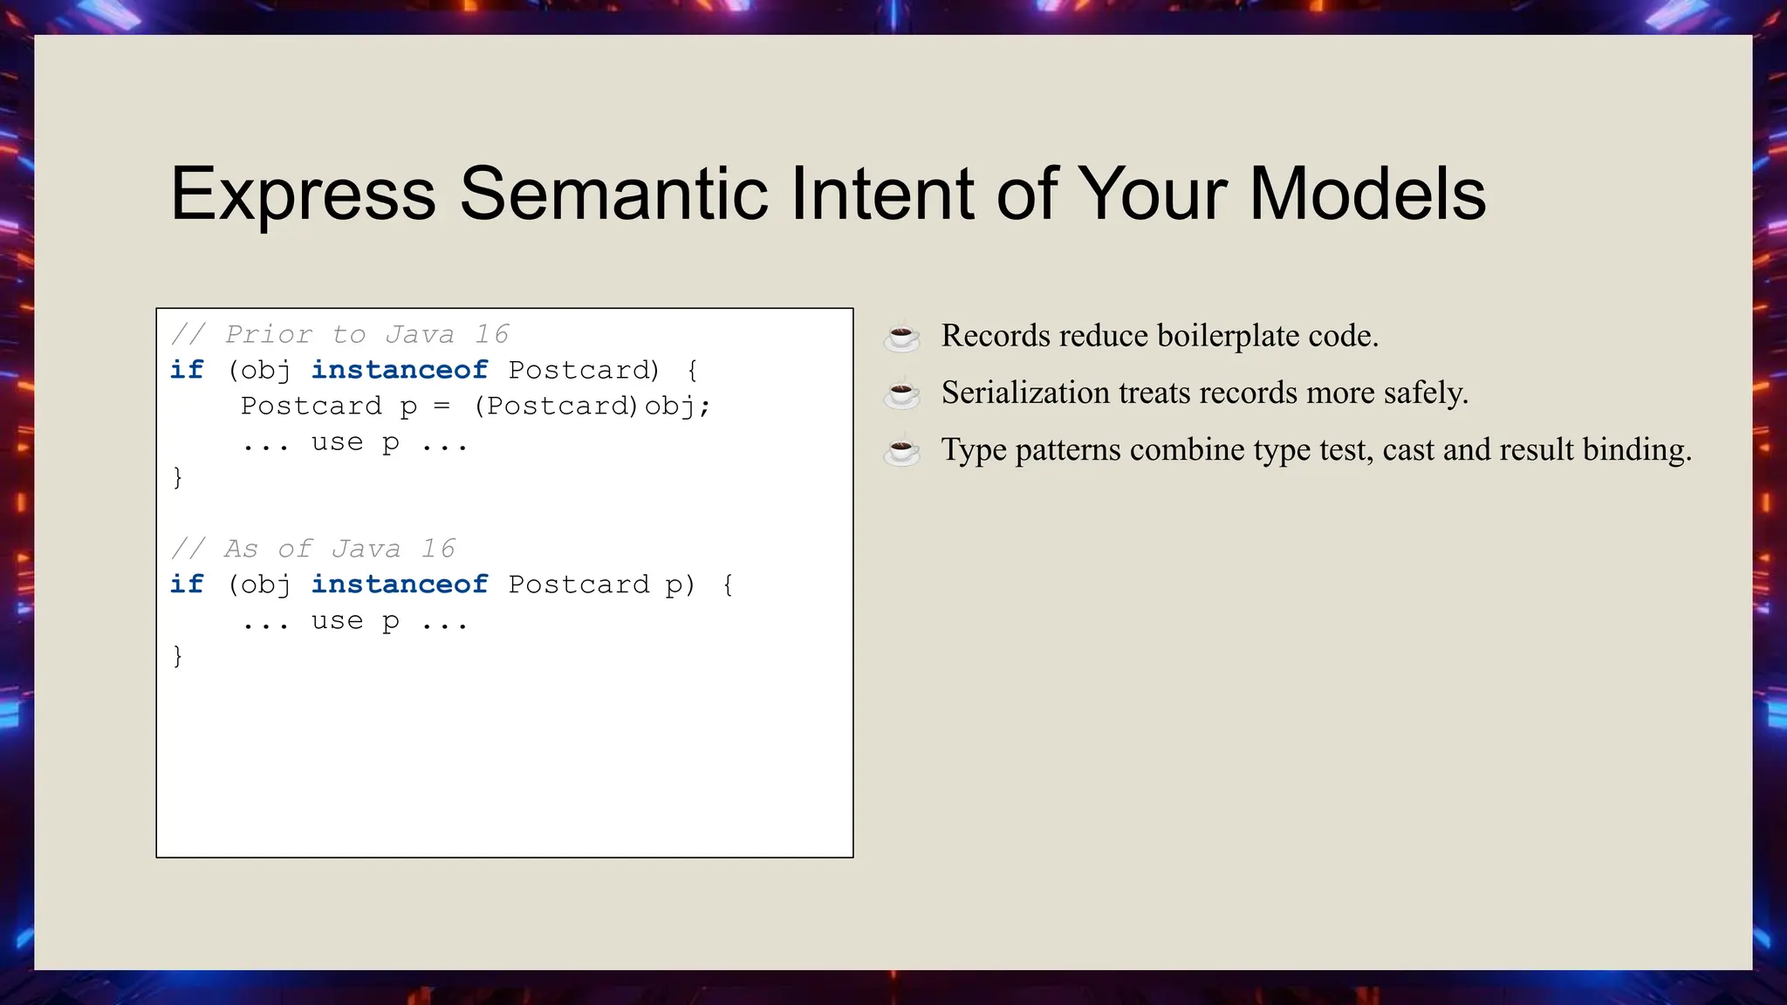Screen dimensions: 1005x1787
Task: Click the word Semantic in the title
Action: (613, 194)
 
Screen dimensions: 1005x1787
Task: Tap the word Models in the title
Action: (1367, 194)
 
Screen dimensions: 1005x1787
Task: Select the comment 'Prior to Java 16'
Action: (340, 334)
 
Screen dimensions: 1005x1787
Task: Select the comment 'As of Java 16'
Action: (313, 549)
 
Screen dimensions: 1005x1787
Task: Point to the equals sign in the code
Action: (442, 407)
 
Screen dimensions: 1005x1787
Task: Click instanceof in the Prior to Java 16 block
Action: (399, 370)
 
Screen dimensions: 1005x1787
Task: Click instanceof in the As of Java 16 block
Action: (399, 585)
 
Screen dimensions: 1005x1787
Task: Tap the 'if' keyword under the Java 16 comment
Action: (187, 585)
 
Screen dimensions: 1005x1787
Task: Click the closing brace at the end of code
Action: (178, 655)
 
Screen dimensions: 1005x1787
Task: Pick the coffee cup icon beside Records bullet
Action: (901, 336)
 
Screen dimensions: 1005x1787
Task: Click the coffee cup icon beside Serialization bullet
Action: (901, 393)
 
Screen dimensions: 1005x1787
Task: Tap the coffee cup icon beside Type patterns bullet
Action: (901, 450)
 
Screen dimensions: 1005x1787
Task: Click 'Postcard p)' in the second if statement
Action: (601, 585)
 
